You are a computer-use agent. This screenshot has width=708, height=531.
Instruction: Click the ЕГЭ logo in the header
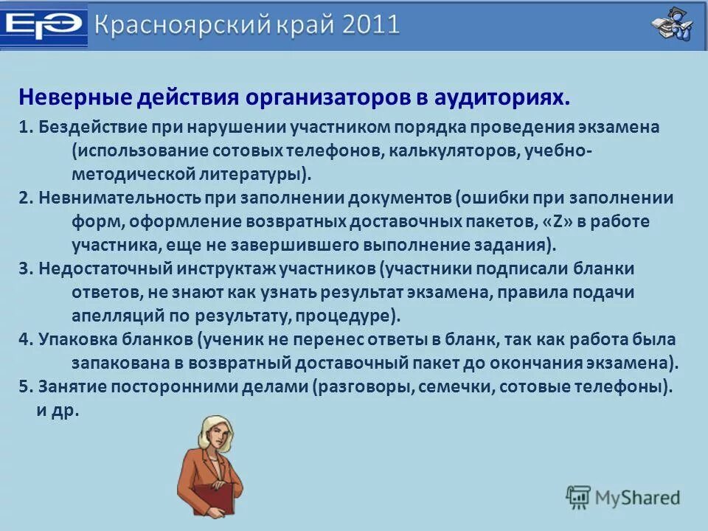click(44, 25)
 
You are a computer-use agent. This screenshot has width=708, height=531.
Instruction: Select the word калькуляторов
click(454, 150)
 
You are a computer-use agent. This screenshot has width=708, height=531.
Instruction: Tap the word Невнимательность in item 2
click(119, 198)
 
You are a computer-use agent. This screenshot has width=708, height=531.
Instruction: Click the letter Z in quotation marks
click(558, 222)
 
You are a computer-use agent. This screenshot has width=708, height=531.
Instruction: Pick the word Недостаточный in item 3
click(105, 268)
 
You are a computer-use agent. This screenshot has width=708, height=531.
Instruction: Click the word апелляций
click(118, 316)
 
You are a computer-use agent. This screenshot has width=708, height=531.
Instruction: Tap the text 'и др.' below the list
click(58, 411)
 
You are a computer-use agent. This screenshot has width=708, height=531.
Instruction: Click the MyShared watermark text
click(637, 498)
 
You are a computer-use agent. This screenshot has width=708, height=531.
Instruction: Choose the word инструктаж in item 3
click(226, 268)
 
